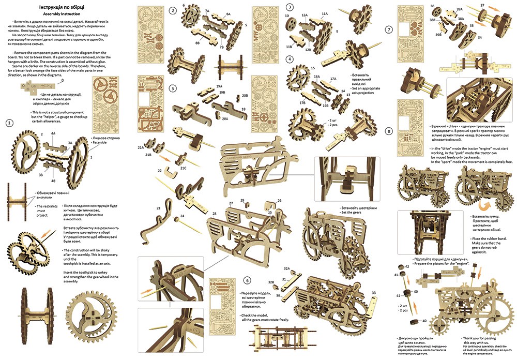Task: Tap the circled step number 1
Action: (9, 123)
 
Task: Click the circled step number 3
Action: (291, 7)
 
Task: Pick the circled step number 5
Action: (172, 88)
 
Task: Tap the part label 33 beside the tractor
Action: (373, 293)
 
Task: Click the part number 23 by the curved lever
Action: (159, 207)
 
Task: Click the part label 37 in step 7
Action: (483, 5)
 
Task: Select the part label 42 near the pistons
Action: (407, 266)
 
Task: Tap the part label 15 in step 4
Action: (313, 68)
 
